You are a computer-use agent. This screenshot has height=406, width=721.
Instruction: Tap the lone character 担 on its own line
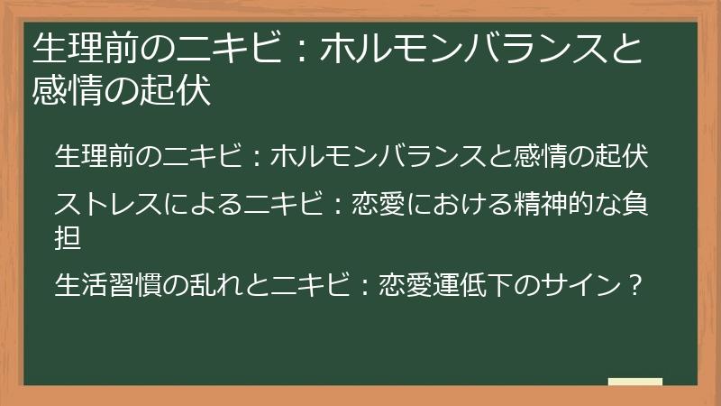click(68, 238)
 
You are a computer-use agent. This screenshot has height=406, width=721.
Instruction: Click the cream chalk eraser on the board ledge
click(634, 382)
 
